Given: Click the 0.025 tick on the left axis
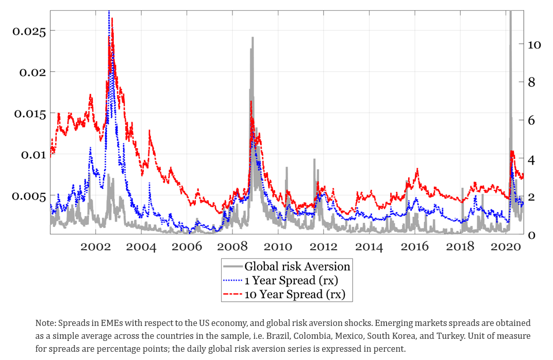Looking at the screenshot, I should (29, 31).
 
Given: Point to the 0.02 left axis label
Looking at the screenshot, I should (32, 72).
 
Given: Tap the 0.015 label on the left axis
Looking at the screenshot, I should (29, 113).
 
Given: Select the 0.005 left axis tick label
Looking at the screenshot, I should (29, 196).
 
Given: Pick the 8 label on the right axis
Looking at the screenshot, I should (530, 83).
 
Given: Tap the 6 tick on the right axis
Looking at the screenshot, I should (530, 121).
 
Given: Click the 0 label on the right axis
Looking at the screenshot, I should (530, 235).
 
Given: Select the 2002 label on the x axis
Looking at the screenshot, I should (96, 246).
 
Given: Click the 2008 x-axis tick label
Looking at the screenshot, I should (232, 246).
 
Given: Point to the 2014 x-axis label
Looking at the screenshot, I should (369, 246).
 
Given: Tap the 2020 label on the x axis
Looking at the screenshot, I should (506, 246).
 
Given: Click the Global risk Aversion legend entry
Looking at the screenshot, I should (297, 267).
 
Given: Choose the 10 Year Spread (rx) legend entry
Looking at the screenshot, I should (294, 294).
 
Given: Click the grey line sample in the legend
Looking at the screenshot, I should (233, 267).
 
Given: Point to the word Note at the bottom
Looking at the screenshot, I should (44, 323).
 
